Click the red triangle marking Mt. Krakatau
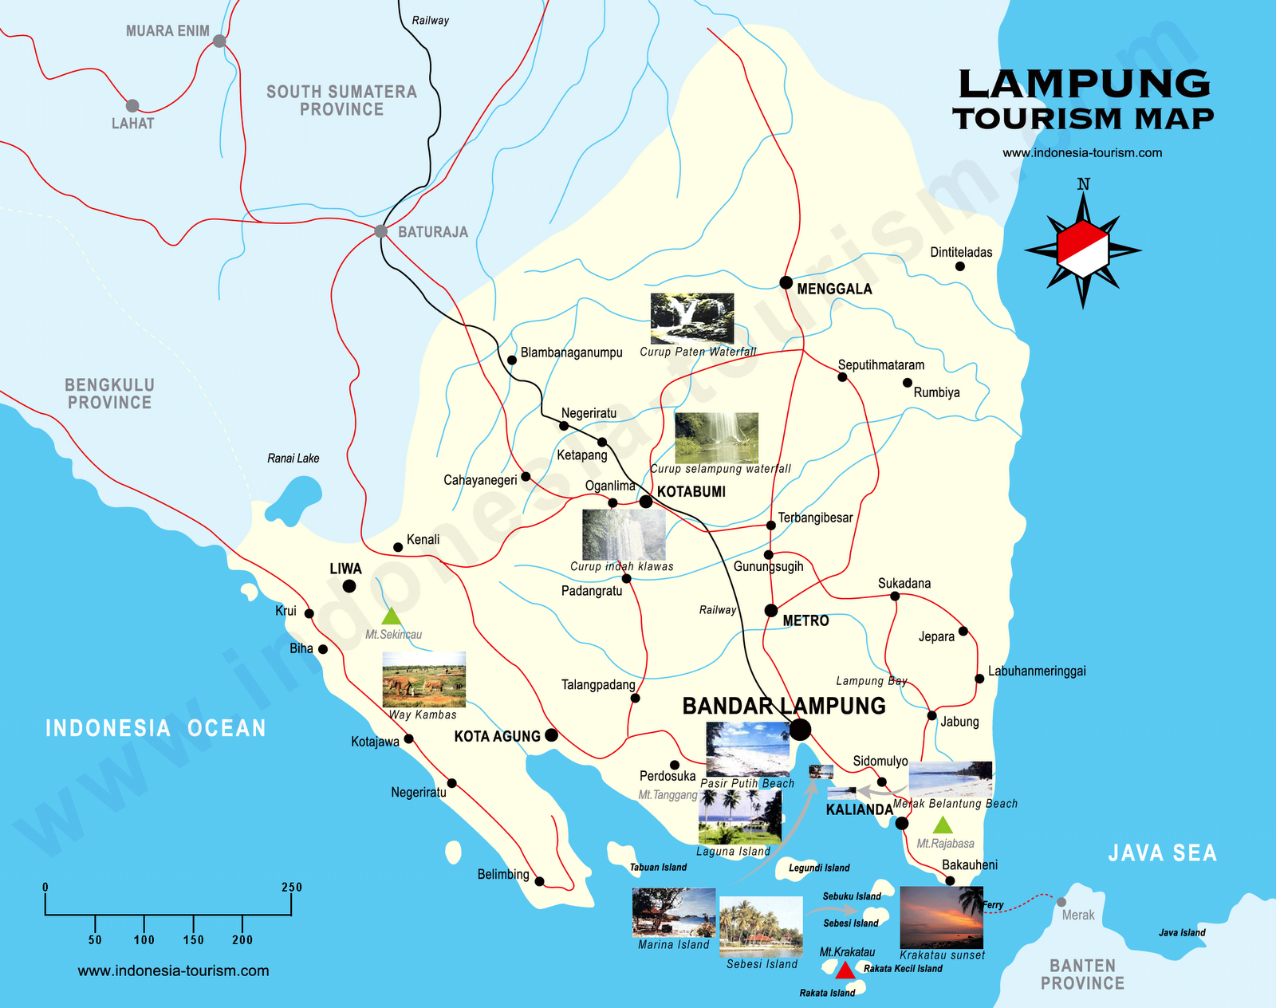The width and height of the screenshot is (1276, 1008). click(845, 971)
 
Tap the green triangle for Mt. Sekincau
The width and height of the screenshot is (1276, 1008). click(391, 616)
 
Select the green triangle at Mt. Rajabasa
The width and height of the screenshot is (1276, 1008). click(943, 825)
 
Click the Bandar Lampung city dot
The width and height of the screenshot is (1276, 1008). click(801, 729)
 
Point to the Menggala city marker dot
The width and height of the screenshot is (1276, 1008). click(786, 282)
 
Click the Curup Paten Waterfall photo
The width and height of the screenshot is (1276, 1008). click(691, 318)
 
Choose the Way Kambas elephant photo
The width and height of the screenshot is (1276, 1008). click(423, 679)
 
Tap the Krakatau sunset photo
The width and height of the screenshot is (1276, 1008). click(941, 917)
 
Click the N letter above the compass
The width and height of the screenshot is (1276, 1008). click(1083, 185)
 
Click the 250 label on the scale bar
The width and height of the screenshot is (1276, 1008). click(292, 888)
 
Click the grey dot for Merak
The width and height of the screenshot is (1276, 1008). click(1061, 902)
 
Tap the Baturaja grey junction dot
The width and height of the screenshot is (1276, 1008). click(381, 231)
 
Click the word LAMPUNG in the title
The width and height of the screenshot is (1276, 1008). click(1083, 85)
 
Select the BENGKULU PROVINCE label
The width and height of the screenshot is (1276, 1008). click(109, 394)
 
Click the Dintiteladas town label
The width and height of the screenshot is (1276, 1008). click(961, 253)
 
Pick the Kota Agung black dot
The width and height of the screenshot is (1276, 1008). click(551, 735)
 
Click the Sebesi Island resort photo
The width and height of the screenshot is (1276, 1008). click(761, 926)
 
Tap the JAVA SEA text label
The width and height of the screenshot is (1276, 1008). click(1162, 853)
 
